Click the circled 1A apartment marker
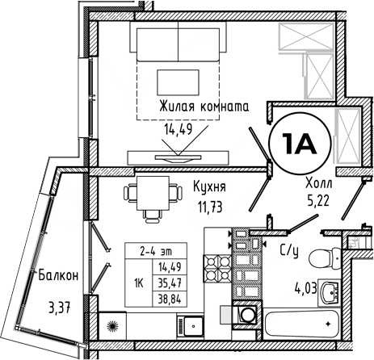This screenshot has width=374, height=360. coord(300,144)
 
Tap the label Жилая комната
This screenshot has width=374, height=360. coord(204,107)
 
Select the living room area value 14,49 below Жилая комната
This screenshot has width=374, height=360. coord(178,129)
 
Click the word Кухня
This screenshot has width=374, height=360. coord(209,186)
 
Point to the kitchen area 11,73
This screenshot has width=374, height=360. coord(210,207)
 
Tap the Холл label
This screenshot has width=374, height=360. coord(319,183)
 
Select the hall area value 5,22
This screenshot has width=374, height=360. coord(318,200)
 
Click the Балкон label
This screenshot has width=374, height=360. coord(58,275)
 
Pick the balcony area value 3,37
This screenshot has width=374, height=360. coord(60,308)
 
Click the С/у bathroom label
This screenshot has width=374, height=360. coord(289,252)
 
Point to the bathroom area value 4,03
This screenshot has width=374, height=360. coord(305,291)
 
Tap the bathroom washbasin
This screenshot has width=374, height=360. coord(329,292)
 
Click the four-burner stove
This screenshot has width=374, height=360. coord(217,268)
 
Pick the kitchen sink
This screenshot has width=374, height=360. coord(190,326)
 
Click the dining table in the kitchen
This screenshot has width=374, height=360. coord(153,193)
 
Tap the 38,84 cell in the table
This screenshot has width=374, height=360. coord(170,299)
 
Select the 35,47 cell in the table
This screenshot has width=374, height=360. coord(170,283)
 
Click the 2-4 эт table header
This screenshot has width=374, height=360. coord(156,251)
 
